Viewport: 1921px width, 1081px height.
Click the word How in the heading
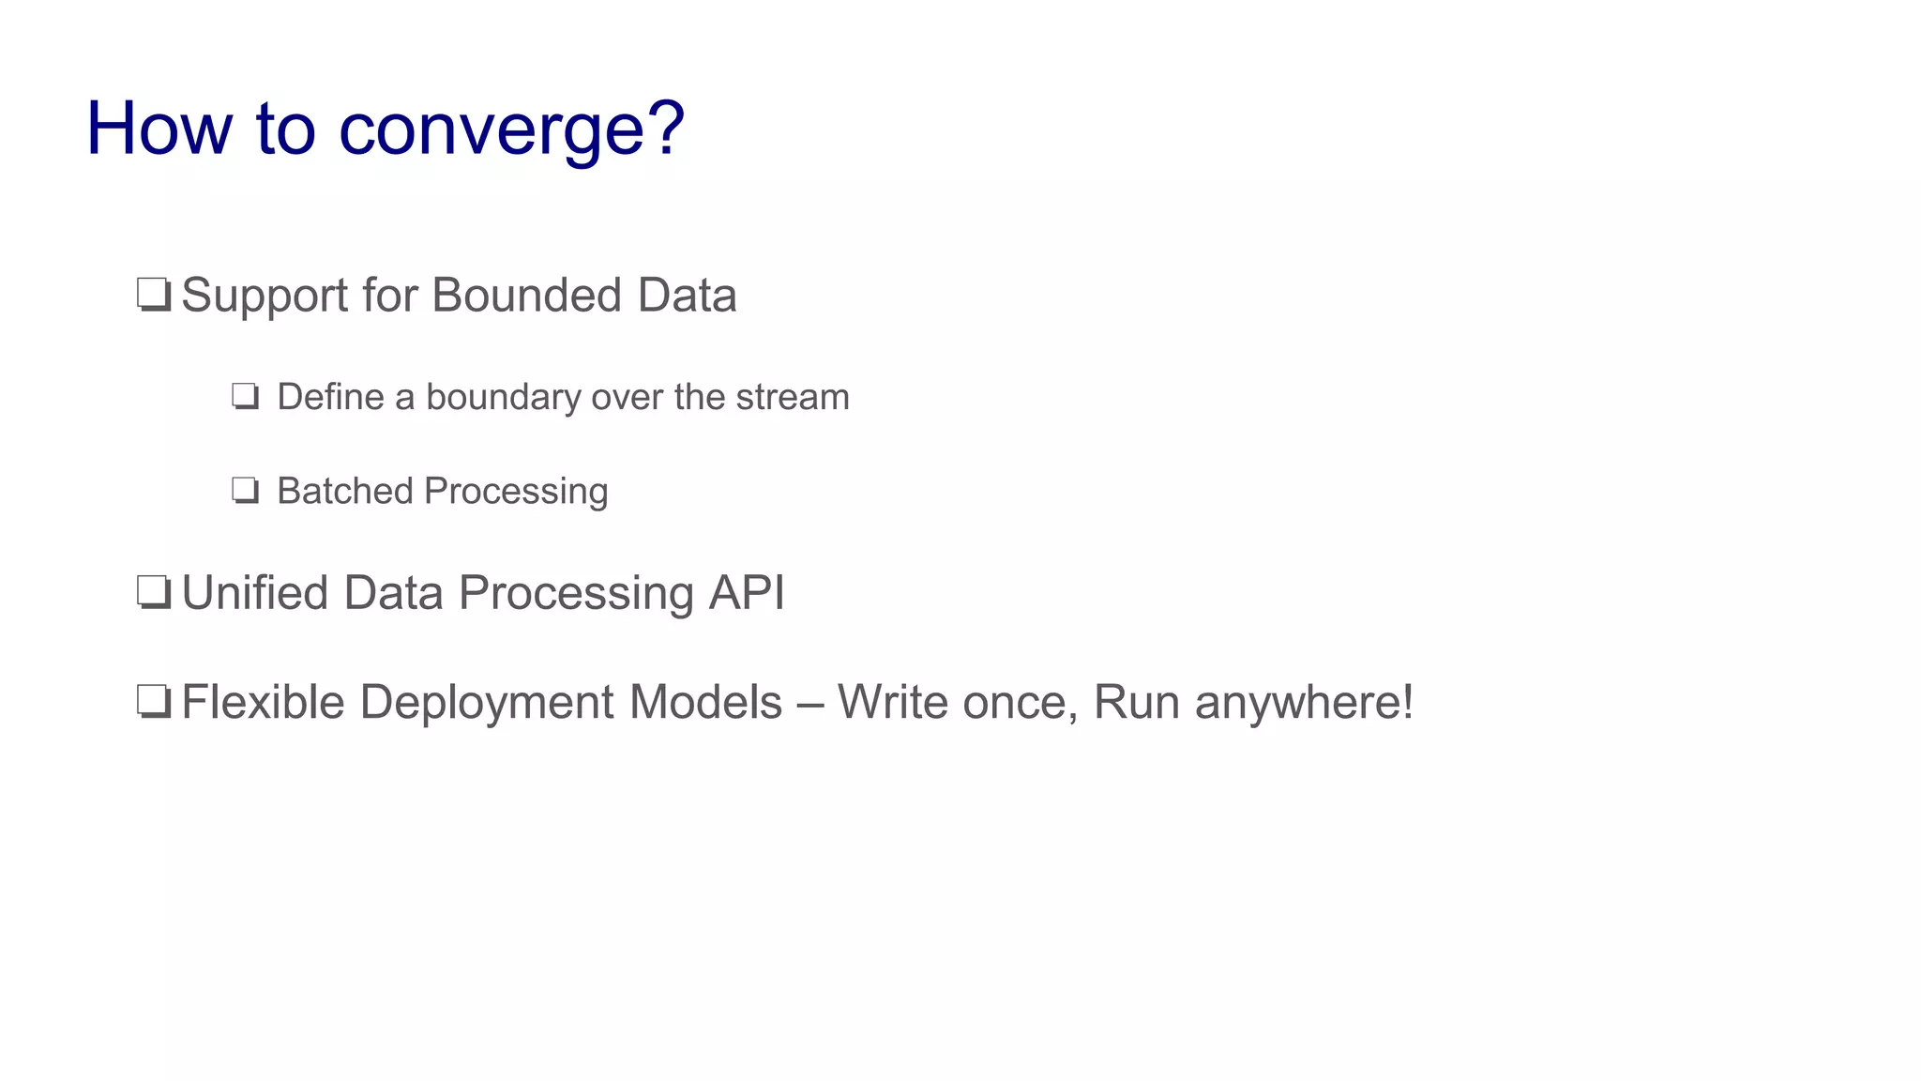(x=159, y=129)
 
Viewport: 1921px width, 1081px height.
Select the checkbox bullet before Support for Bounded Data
(x=153, y=295)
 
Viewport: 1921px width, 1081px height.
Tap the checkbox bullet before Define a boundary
(x=245, y=397)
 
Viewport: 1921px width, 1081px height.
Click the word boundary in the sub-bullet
(x=504, y=398)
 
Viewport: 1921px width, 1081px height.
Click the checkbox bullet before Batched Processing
(x=245, y=491)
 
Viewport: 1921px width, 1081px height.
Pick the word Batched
(x=344, y=492)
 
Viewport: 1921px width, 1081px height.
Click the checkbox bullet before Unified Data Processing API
(x=153, y=593)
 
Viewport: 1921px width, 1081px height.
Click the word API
(x=747, y=593)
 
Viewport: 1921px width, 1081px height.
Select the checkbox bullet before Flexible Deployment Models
(x=153, y=702)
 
